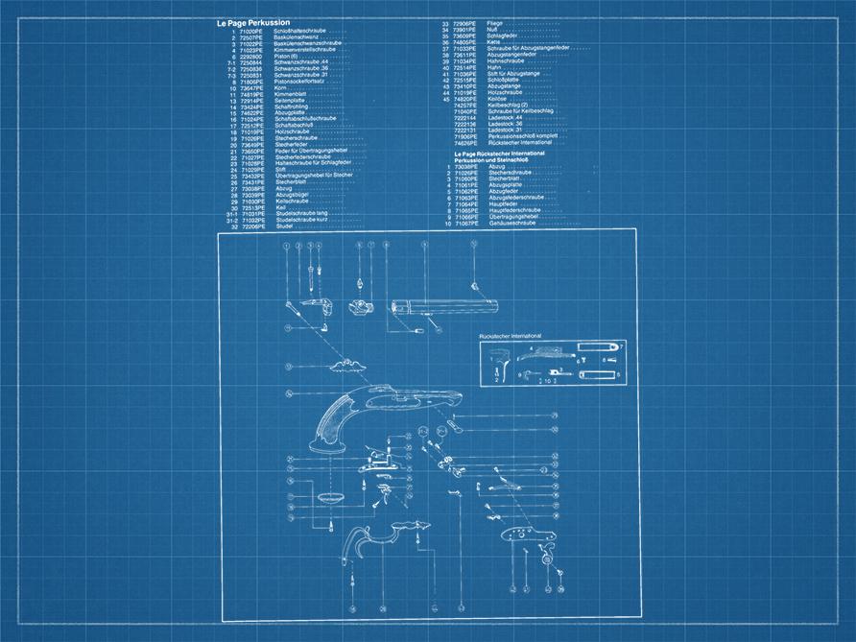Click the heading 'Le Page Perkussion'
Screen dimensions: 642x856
pos(254,22)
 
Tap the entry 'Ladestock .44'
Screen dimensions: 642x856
pos(506,117)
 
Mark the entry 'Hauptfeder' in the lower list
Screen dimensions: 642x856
pos(505,203)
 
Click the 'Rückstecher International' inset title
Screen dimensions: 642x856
pos(510,337)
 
